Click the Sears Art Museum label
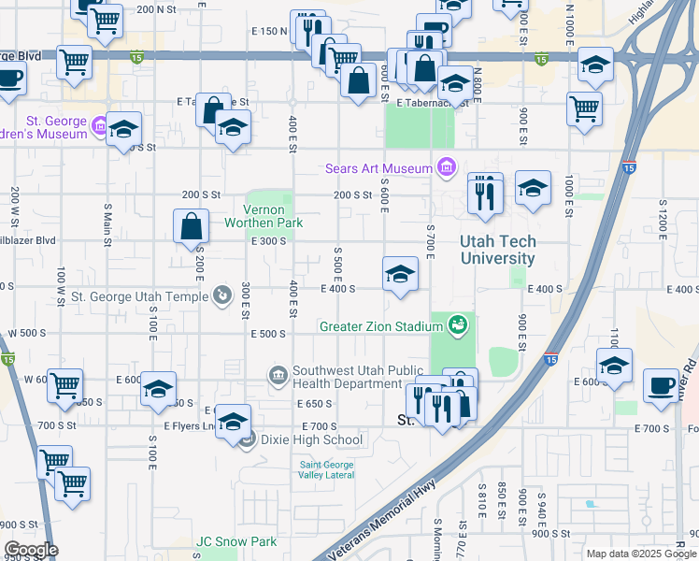coord(378,169)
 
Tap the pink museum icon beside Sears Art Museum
coord(447,168)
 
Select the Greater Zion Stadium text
coord(380,326)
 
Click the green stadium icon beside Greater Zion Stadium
coord(457,324)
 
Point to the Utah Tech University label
coord(497,250)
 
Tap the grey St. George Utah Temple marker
coord(221,296)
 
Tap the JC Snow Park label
coord(236,541)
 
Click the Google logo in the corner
coord(30,550)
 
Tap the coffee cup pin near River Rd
coord(662,385)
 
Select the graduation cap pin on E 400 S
coord(400,274)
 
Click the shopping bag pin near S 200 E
coord(191,225)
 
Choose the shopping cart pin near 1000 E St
coord(584,108)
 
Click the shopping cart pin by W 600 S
coord(65,384)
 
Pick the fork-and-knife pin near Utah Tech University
coord(484,194)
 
